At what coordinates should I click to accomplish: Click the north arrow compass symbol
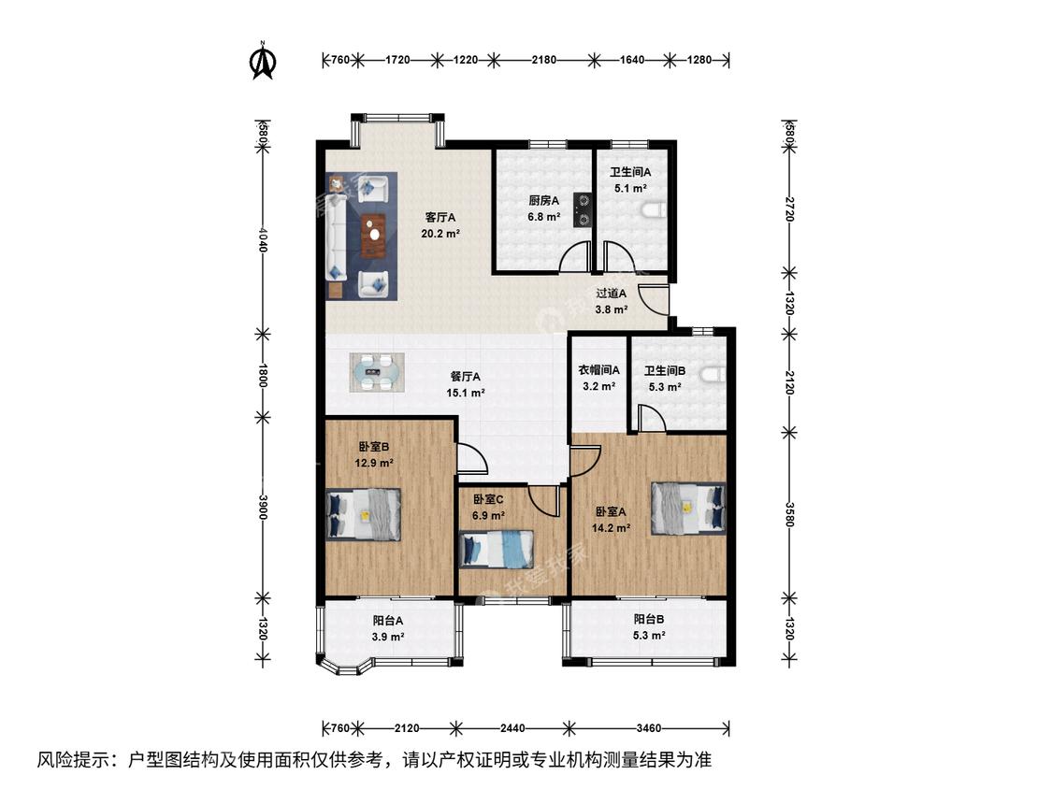pos(263,62)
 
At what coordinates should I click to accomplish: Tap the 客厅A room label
pos(440,218)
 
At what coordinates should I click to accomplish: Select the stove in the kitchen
pos(582,208)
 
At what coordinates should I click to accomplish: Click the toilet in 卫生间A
pos(652,211)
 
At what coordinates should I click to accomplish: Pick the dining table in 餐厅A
pos(378,372)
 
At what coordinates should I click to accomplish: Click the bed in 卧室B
pos(364,514)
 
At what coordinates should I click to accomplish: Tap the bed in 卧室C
pos(497,549)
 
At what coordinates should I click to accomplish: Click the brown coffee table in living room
pos(374,236)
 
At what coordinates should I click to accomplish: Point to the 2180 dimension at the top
pos(543,60)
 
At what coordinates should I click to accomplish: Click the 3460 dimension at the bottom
pos(649,728)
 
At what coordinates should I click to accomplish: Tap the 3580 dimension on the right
pos(789,514)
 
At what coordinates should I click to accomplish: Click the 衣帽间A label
pos(598,369)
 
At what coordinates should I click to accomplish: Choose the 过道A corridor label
pos(612,294)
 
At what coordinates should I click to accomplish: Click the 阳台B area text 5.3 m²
pos(649,636)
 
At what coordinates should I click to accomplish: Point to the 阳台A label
pos(388,621)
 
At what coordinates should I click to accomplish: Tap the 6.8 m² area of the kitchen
pos(544,217)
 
